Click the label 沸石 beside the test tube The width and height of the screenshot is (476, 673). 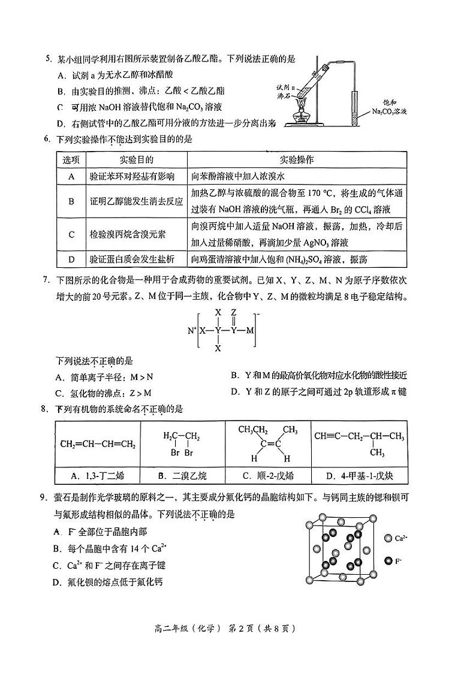coord(284,96)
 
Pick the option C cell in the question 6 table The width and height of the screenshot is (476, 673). coord(71,235)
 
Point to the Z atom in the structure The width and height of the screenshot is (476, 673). coord(234,312)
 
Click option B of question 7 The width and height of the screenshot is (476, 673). coord(318,376)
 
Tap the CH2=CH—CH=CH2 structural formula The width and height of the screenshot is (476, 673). coord(98,444)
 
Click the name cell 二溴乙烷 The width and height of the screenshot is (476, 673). coord(182,476)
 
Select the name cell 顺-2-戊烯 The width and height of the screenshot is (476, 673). coord(267,476)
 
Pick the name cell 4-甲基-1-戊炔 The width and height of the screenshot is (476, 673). coord(358,476)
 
